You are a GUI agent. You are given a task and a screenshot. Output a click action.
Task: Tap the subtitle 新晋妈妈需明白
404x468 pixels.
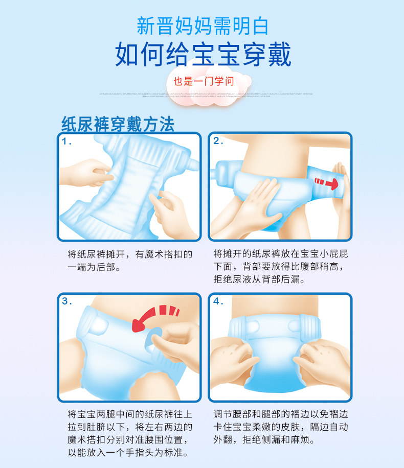203,26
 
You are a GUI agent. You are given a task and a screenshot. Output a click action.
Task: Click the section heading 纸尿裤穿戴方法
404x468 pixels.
118,124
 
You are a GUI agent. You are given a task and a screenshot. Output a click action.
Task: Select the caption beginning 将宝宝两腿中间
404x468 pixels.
130,433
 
